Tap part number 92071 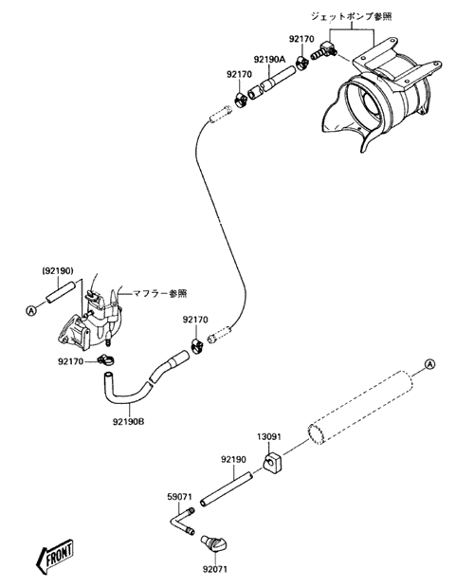pyautogui.click(x=215, y=569)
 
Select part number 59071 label pyautogui.click(x=179, y=497)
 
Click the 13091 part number pyautogui.click(x=268, y=437)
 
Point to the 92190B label pyautogui.click(x=129, y=421)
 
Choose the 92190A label pyautogui.click(x=269, y=59)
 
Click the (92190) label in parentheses pyautogui.click(x=57, y=270)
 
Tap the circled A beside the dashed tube pyautogui.click(x=429, y=364)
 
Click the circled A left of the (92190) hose pyautogui.click(x=31, y=310)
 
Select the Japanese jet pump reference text pyautogui.click(x=351, y=16)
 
